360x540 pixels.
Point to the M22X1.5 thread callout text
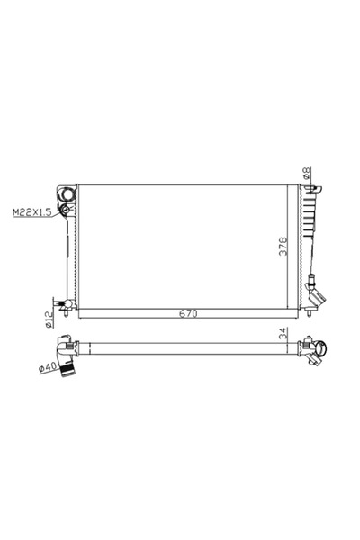31,212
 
